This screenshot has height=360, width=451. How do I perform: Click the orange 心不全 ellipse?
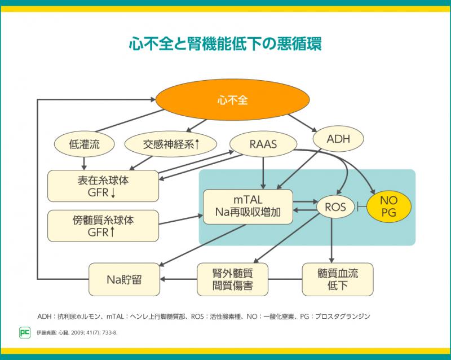tap(232, 101)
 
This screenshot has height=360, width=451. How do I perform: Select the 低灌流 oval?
tap(84, 144)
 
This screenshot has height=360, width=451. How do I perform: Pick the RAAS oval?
tap(263, 144)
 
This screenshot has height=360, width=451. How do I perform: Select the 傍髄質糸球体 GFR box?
tap(103, 224)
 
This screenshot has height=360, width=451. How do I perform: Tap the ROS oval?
tap(335, 207)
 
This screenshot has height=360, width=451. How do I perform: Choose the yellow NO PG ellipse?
tap(389, 207)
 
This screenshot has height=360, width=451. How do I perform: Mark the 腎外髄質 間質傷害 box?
tap(232, 279)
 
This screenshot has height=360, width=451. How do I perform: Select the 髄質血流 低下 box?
tap(338, 279)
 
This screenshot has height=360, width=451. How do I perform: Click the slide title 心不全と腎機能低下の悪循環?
tap(225, 43)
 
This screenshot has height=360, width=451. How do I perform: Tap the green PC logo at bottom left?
tap(25, 332)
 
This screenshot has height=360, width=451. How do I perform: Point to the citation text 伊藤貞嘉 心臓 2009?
tap(77, 332)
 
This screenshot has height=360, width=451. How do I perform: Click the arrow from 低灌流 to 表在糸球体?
tap(84, 162)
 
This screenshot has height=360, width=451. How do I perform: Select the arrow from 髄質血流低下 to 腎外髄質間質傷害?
tap(285, 279)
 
